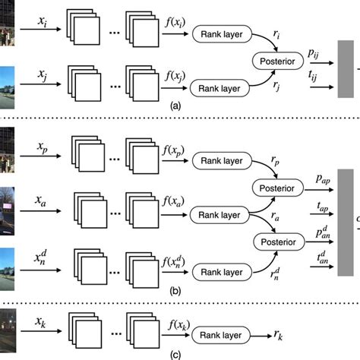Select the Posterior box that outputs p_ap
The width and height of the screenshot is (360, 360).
(281, 186)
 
